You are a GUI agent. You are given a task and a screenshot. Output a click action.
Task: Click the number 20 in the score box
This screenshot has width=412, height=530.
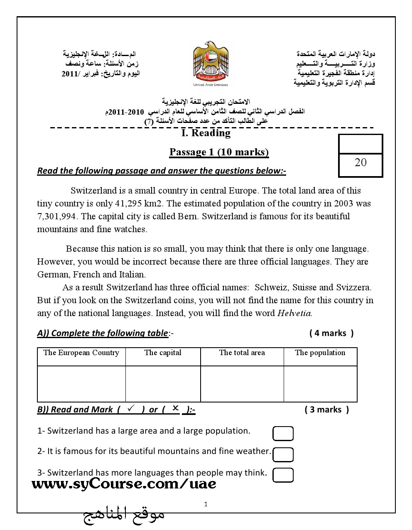(360, 162)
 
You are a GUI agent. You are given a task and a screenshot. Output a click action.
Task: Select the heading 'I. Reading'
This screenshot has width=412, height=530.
(206, 133)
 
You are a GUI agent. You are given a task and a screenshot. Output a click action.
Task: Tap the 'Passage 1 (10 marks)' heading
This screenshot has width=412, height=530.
(219, 152)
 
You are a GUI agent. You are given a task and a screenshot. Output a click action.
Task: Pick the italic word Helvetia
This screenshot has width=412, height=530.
(294, 313)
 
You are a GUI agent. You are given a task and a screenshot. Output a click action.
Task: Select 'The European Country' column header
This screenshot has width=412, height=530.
(81, 353)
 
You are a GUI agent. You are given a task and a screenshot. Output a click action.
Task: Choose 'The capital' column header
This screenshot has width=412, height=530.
(163, 353)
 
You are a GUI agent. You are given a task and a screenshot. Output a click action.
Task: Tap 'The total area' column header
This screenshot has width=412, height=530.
(242, 353)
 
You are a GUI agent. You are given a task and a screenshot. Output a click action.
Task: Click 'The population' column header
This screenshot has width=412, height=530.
(320, 353)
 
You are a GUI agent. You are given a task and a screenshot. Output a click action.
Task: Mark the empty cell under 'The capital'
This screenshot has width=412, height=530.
(163, 384)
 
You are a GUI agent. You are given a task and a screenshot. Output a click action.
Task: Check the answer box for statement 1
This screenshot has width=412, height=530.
(283, 434)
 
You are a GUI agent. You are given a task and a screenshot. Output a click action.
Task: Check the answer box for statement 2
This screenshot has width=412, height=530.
(283, 454)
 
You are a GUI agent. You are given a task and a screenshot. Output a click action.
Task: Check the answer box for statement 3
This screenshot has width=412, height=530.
(283, 475)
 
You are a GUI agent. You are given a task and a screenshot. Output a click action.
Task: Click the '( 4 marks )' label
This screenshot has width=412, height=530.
(331, 333)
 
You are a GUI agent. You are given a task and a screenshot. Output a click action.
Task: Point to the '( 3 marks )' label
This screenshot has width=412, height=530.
(327, 410)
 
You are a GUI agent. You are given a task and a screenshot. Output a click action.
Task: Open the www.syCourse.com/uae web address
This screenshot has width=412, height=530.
(124, 483)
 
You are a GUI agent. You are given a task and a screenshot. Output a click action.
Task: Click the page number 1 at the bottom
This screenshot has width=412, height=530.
(206, 505)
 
